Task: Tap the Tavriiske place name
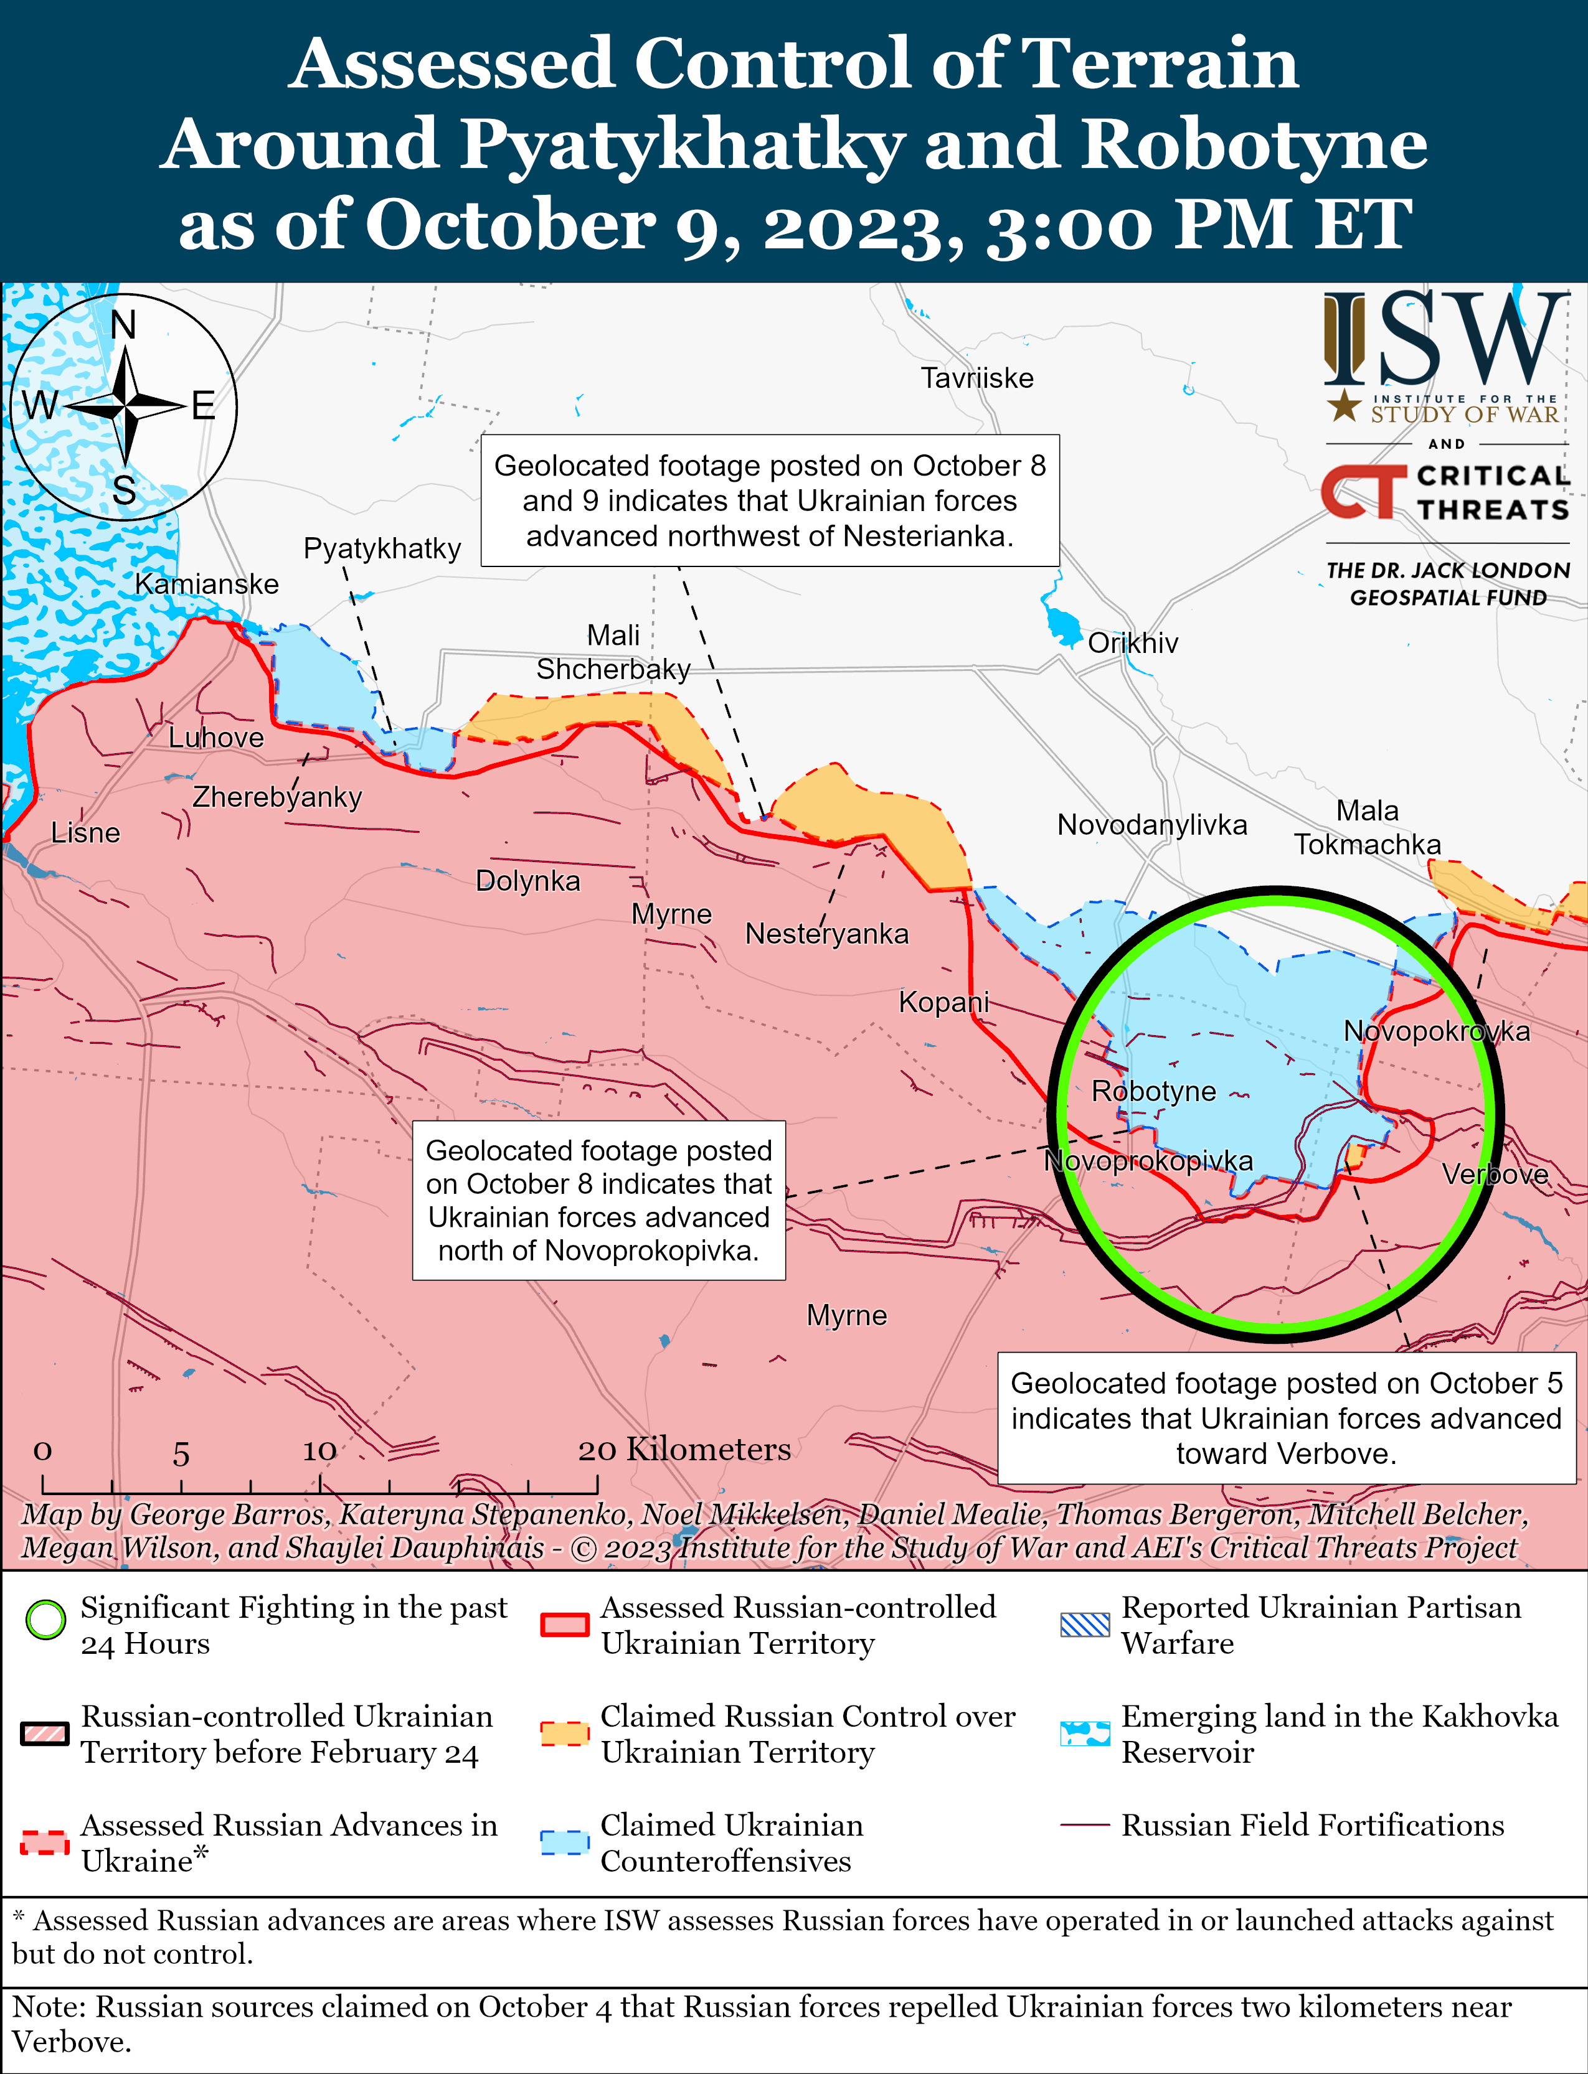[976, 378]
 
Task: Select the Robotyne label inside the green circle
[1153, 1091]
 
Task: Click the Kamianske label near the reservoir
[207, 584]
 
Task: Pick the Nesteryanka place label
[826, 934]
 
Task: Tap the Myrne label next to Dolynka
[671, 914]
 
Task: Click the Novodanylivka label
[1151, 825]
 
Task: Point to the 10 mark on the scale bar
[319, 1450]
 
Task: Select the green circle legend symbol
[45, 1620]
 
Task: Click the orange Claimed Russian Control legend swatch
[564, 1733]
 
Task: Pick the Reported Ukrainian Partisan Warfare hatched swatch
[1084, 1624]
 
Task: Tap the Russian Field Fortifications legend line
[1084, 1824]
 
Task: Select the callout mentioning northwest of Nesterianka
[770, 501]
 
